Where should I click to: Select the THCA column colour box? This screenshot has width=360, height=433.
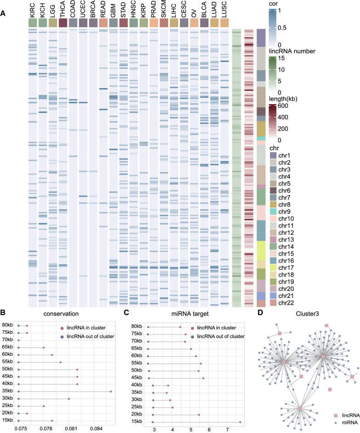[62, 23]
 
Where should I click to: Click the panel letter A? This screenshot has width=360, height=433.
[4, 14]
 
